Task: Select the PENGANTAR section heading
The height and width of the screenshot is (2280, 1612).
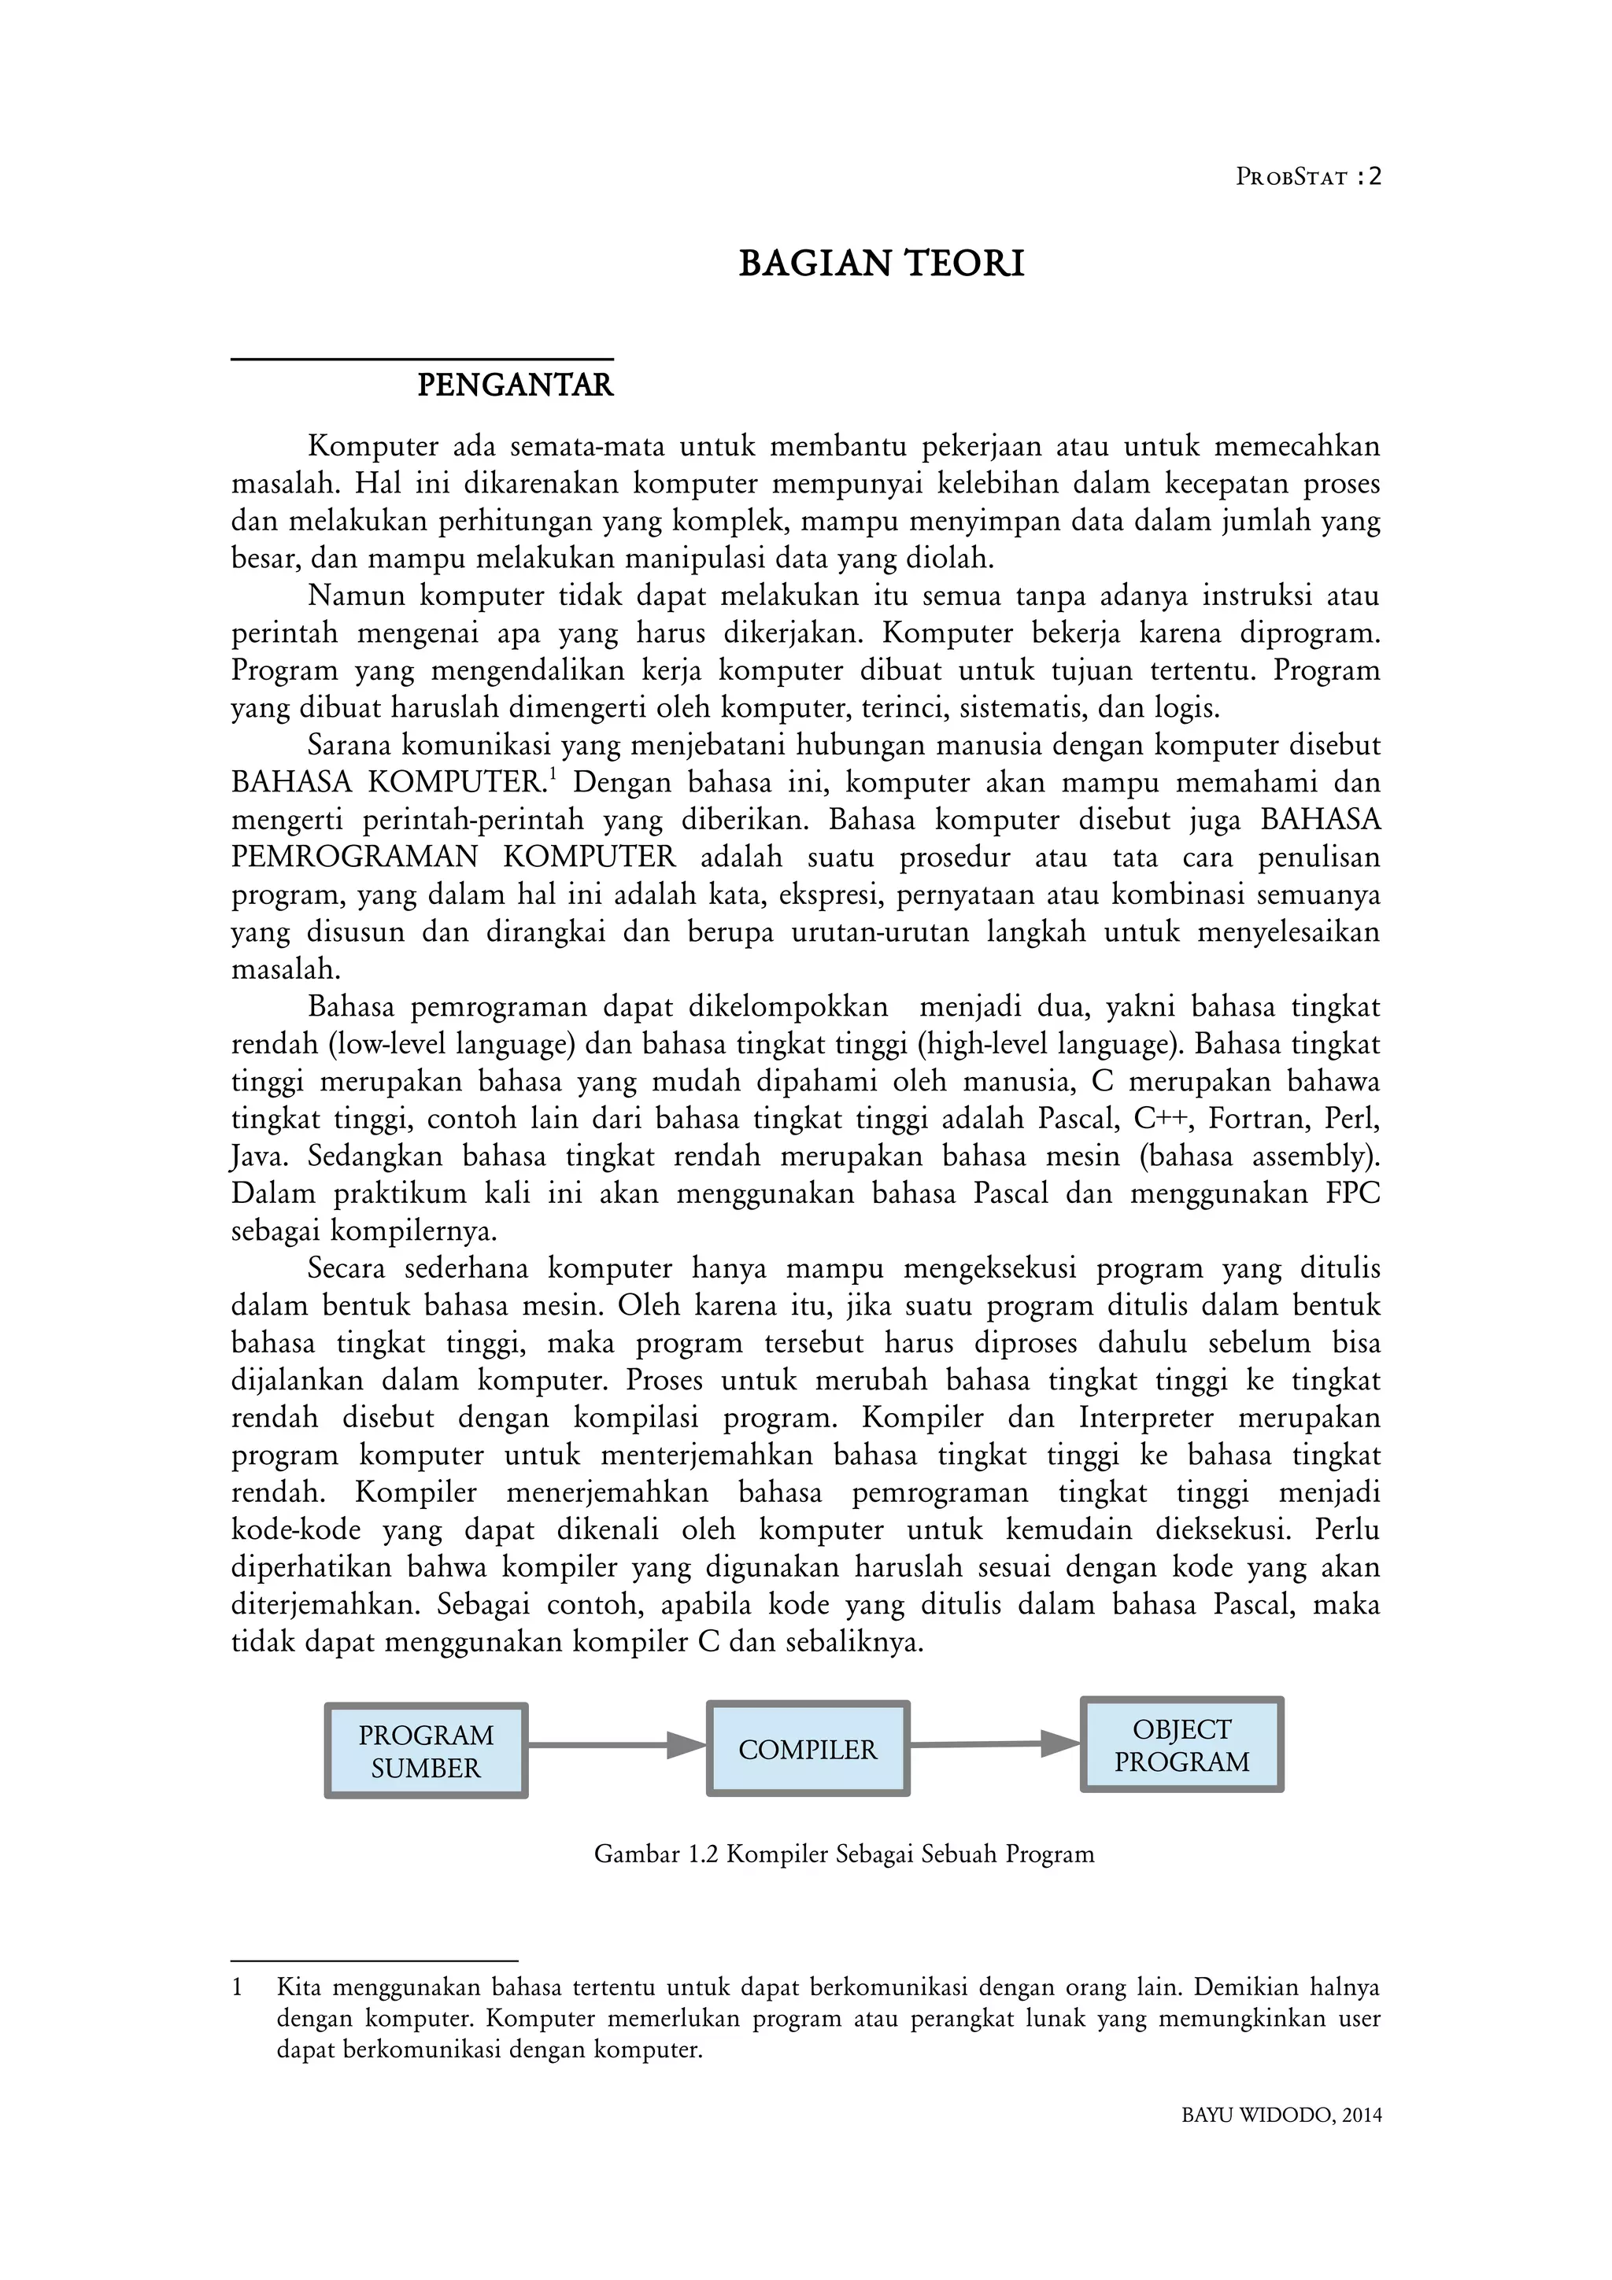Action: [515, 386]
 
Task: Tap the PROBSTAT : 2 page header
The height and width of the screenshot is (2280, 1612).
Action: [1308, 177]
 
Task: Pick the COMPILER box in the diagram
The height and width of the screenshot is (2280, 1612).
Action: [808, 1750]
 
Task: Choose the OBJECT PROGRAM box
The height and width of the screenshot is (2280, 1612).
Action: [1182, 1746]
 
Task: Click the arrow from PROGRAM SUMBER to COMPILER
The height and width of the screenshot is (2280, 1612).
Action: [616, 1745]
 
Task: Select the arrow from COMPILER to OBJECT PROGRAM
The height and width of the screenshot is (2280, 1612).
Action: [994, 1743]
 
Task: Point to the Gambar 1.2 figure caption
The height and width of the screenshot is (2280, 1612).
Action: [845, 1854]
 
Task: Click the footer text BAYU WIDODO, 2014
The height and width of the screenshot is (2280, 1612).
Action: [1281, 2115]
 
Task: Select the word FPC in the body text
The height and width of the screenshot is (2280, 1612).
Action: [1353, 1193]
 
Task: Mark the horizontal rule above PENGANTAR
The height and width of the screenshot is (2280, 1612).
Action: [422, 360]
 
